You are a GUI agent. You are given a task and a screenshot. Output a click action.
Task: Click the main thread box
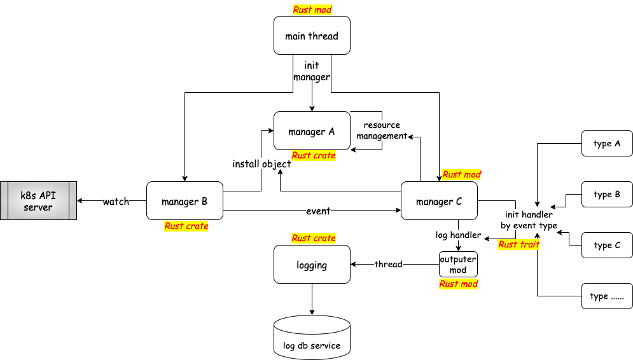pos(312,36)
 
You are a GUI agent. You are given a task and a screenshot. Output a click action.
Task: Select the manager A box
pos(312,131)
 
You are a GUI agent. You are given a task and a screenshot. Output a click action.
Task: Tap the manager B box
pos(184,200)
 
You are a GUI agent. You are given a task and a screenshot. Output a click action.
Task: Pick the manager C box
pos(439,200)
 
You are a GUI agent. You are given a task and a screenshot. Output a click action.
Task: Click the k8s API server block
pos(38,200)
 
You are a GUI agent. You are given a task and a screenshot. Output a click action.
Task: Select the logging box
pos(312,265)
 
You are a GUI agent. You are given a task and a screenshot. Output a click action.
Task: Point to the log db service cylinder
pos(312,337)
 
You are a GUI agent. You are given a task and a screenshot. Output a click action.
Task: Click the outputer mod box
pos(458,265)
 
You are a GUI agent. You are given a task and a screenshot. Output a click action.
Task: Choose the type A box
pos(607,143)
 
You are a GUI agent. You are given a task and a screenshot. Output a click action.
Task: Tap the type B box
pos(607,194)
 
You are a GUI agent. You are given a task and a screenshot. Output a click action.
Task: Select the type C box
pos(607,245)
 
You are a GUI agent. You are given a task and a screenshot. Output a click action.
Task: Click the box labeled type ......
pos(607,296)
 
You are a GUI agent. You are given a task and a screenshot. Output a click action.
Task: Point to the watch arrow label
pos(116,201)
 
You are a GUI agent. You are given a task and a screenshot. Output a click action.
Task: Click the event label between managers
pos(318,211)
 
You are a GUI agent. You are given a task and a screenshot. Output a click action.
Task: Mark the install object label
pos(261,164)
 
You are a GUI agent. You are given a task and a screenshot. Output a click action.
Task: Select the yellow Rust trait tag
pos(518,244)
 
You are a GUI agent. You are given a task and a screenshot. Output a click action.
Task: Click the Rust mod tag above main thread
pos(312,10)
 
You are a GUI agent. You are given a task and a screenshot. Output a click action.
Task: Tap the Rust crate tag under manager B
pos(186,226)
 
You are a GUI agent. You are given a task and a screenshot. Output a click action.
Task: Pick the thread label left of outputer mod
pos(388,265)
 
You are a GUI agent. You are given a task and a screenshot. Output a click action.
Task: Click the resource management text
pos(382,130)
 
